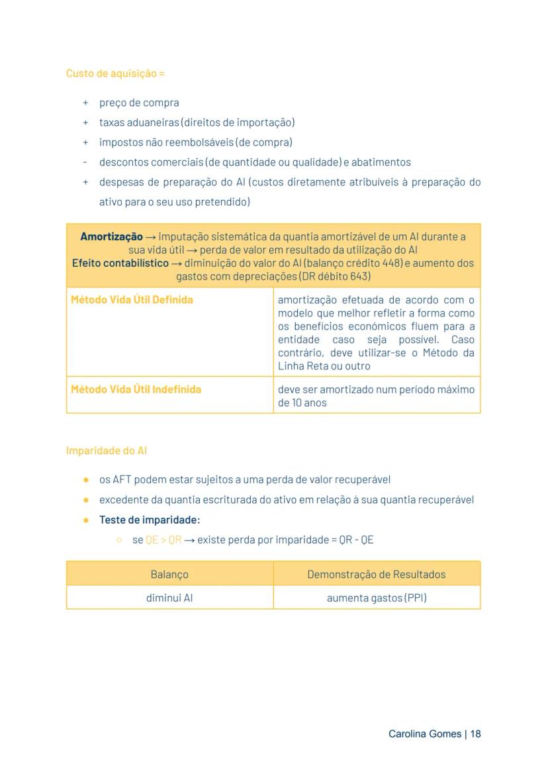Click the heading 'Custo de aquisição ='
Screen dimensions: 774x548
[115, 73]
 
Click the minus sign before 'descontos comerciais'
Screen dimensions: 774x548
[85, 162]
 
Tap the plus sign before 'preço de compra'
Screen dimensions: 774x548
[85, 103]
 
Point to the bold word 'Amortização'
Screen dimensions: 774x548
[111, 236]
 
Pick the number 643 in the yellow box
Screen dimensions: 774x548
[361, 276]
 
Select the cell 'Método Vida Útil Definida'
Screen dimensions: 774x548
[132, 300]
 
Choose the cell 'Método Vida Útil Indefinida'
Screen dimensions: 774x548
[136, 389]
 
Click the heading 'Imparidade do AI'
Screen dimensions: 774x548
[107, 451]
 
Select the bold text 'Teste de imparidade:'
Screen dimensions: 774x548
[150, 520]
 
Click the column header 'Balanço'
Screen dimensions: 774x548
[169, 574]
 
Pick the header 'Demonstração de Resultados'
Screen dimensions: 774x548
[376, 574]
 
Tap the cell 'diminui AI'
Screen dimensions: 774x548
[169, 598]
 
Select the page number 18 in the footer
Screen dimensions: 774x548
[475, 734]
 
